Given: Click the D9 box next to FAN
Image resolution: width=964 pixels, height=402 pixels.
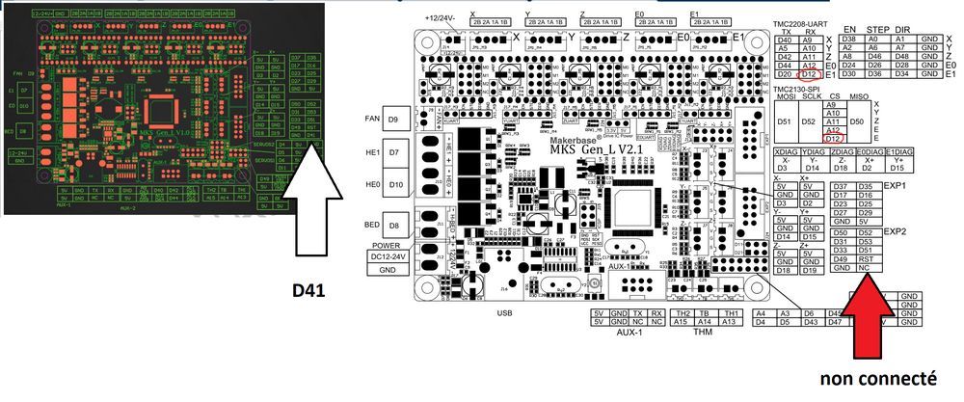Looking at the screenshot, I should point(393,120).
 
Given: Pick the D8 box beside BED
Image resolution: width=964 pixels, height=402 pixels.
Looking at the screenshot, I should point(393,227).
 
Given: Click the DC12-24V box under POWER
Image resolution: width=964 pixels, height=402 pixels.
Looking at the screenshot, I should point(390,256).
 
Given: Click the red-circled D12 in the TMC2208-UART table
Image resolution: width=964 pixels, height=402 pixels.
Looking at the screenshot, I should point(809,75).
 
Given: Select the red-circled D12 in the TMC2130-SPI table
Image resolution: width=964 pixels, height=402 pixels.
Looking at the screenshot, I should point(808,140).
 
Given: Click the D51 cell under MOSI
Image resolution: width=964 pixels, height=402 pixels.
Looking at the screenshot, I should point(785,121).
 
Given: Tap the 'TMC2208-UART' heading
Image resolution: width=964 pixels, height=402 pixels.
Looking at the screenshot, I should point(802,22).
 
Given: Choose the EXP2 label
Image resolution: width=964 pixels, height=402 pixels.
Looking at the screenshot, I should point(896,231).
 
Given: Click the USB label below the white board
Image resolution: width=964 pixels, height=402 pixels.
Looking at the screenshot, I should point(503,312).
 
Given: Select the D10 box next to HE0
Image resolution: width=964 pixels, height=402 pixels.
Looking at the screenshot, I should point(393,183).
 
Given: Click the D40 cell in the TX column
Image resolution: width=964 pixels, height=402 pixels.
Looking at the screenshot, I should point(785,40).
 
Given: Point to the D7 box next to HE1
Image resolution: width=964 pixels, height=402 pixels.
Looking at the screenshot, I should point(393,152).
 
